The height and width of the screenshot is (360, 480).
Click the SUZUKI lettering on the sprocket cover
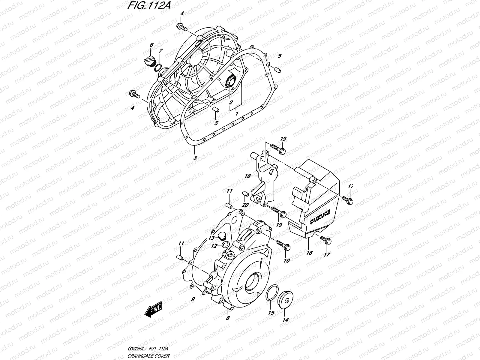320,217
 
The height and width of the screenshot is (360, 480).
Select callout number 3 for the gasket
195,158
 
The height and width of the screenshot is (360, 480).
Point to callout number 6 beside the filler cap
151,45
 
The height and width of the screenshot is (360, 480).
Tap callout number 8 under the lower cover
228,318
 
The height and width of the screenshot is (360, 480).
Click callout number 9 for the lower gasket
193,299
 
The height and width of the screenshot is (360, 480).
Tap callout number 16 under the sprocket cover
309,253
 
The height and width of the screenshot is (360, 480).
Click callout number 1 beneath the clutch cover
237,114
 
